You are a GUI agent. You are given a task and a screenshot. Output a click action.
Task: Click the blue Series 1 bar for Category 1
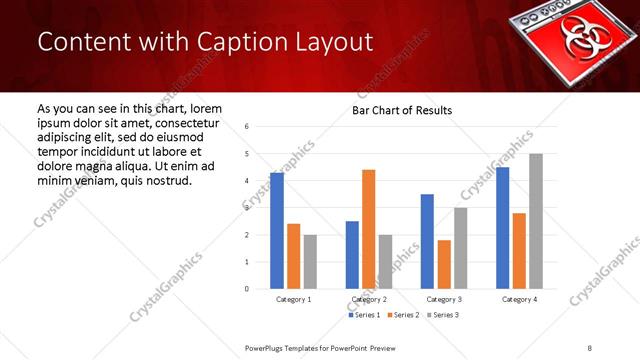click(277, 231)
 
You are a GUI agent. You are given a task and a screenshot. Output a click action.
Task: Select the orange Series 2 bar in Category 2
click(368, 229)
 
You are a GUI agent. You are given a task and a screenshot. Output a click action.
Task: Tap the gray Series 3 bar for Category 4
click(536, 221)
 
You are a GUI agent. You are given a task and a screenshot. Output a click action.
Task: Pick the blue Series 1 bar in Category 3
click(427, 241)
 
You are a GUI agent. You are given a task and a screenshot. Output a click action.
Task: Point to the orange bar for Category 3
click(444, 264)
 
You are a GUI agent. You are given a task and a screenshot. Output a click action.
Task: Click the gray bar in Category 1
click(310, 262)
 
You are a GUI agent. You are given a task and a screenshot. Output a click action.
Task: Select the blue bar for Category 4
click(502, 228)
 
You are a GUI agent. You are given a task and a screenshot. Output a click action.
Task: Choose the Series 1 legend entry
click(364, 315)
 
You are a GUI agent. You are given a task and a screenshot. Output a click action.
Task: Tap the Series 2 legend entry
click(402, 315)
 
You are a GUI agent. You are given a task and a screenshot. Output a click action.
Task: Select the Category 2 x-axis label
click(368, 299)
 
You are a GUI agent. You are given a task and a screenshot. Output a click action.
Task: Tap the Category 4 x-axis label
click(519, 299)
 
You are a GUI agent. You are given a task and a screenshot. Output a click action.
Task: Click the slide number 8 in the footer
click(590, 347)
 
